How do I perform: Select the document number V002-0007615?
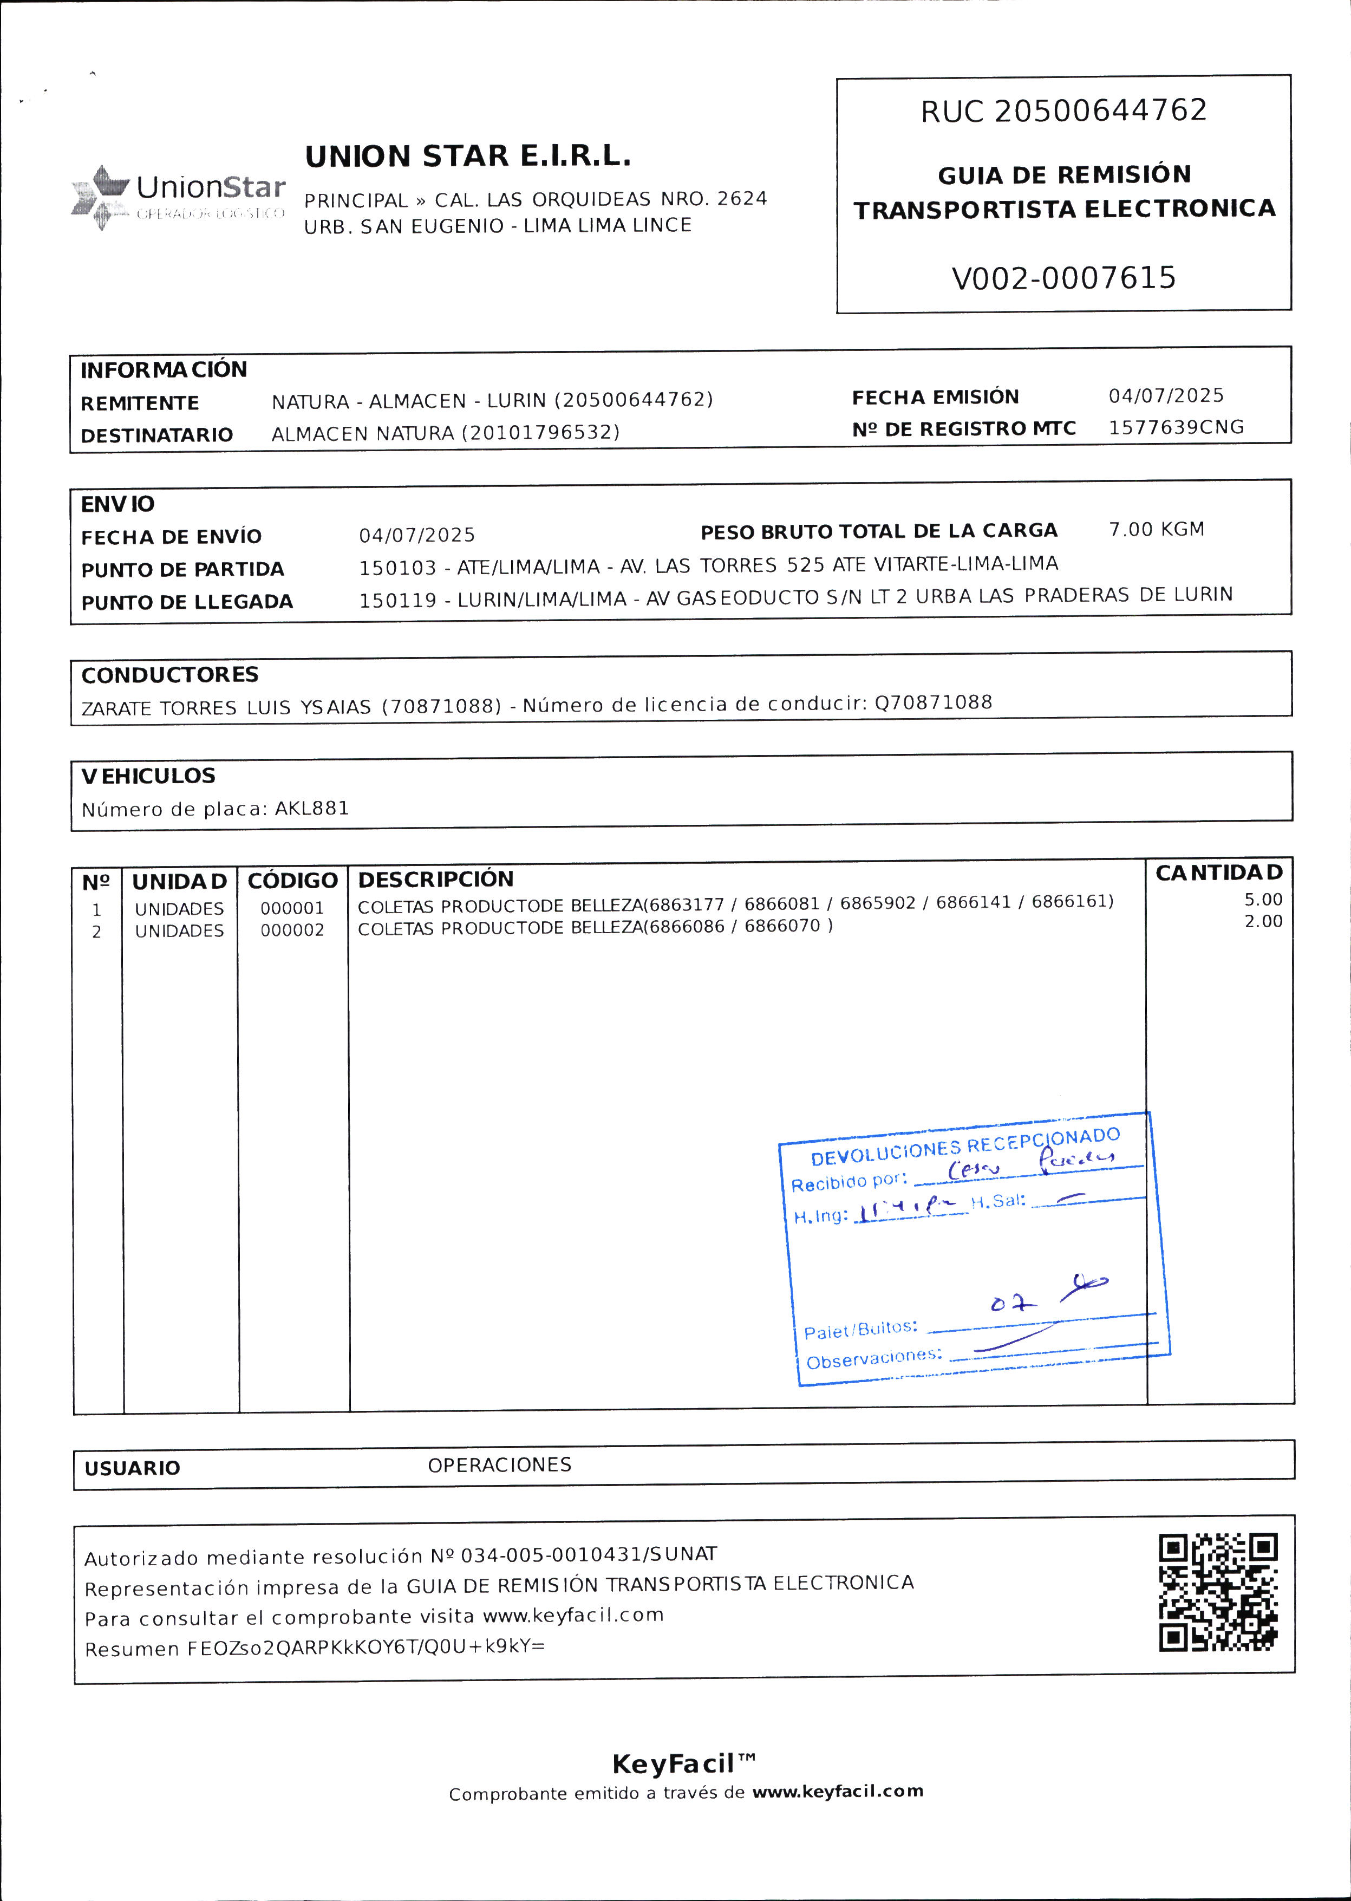1063,278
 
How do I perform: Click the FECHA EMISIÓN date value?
1165,395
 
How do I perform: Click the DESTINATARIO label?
156,435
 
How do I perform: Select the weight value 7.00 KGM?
1156,529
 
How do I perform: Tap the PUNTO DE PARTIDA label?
182,569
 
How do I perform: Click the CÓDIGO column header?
292,880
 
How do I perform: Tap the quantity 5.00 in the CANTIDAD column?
1263,900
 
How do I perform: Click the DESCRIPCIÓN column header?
435,880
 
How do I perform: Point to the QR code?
1217,1592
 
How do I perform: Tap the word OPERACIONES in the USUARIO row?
499,1464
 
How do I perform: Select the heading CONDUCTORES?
169,675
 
